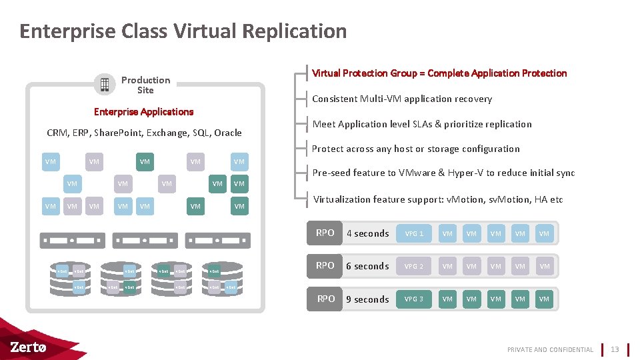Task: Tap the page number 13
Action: (615, 349)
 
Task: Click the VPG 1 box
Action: (414, 233)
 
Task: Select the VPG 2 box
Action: (414, 266)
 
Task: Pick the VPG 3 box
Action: (414, 299)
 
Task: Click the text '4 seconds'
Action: (367, 233)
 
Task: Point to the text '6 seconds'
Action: (367, 266)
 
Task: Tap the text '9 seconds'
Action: (367, 299)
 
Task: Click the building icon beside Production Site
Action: (104, 84)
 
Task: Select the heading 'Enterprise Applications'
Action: (143, 111)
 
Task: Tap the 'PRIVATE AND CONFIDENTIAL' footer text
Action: (550, 349)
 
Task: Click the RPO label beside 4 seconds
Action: (325, 233)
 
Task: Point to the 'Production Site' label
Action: (145, 85)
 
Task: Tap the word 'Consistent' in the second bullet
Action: (334, 99)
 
